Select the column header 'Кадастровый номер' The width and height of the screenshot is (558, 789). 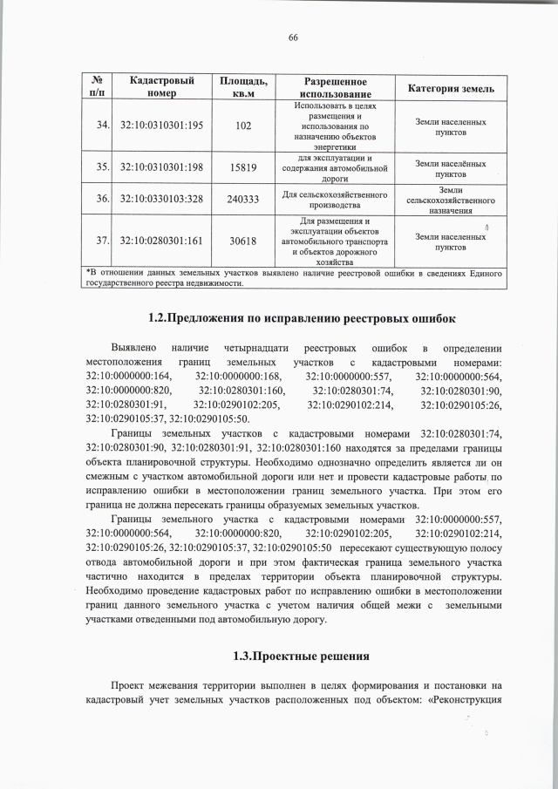pyautogui.click(x=161, y=86)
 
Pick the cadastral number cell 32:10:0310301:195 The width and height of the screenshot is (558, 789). pyautogui.click(x=161, y=126)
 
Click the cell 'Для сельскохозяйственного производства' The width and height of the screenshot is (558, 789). pyautogui.click(x=335, y=199)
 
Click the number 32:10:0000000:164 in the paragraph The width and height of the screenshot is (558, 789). pyautogui.click(x=129, y=376)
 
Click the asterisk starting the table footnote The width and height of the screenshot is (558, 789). pyautogui.click(x=88, y=273)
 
